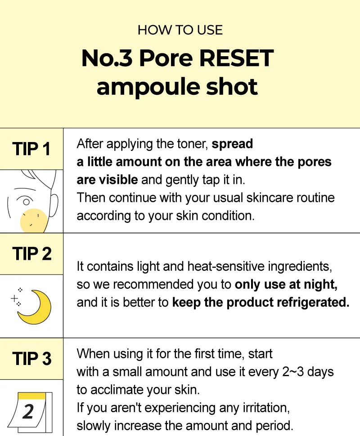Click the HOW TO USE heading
pos(180,30)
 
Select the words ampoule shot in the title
pos(177,87)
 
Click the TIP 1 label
pos(31,149)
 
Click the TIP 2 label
pos(31,254)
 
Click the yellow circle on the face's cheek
pos(34,220)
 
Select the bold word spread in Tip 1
pos(232,144)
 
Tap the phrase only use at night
pos(286,285)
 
